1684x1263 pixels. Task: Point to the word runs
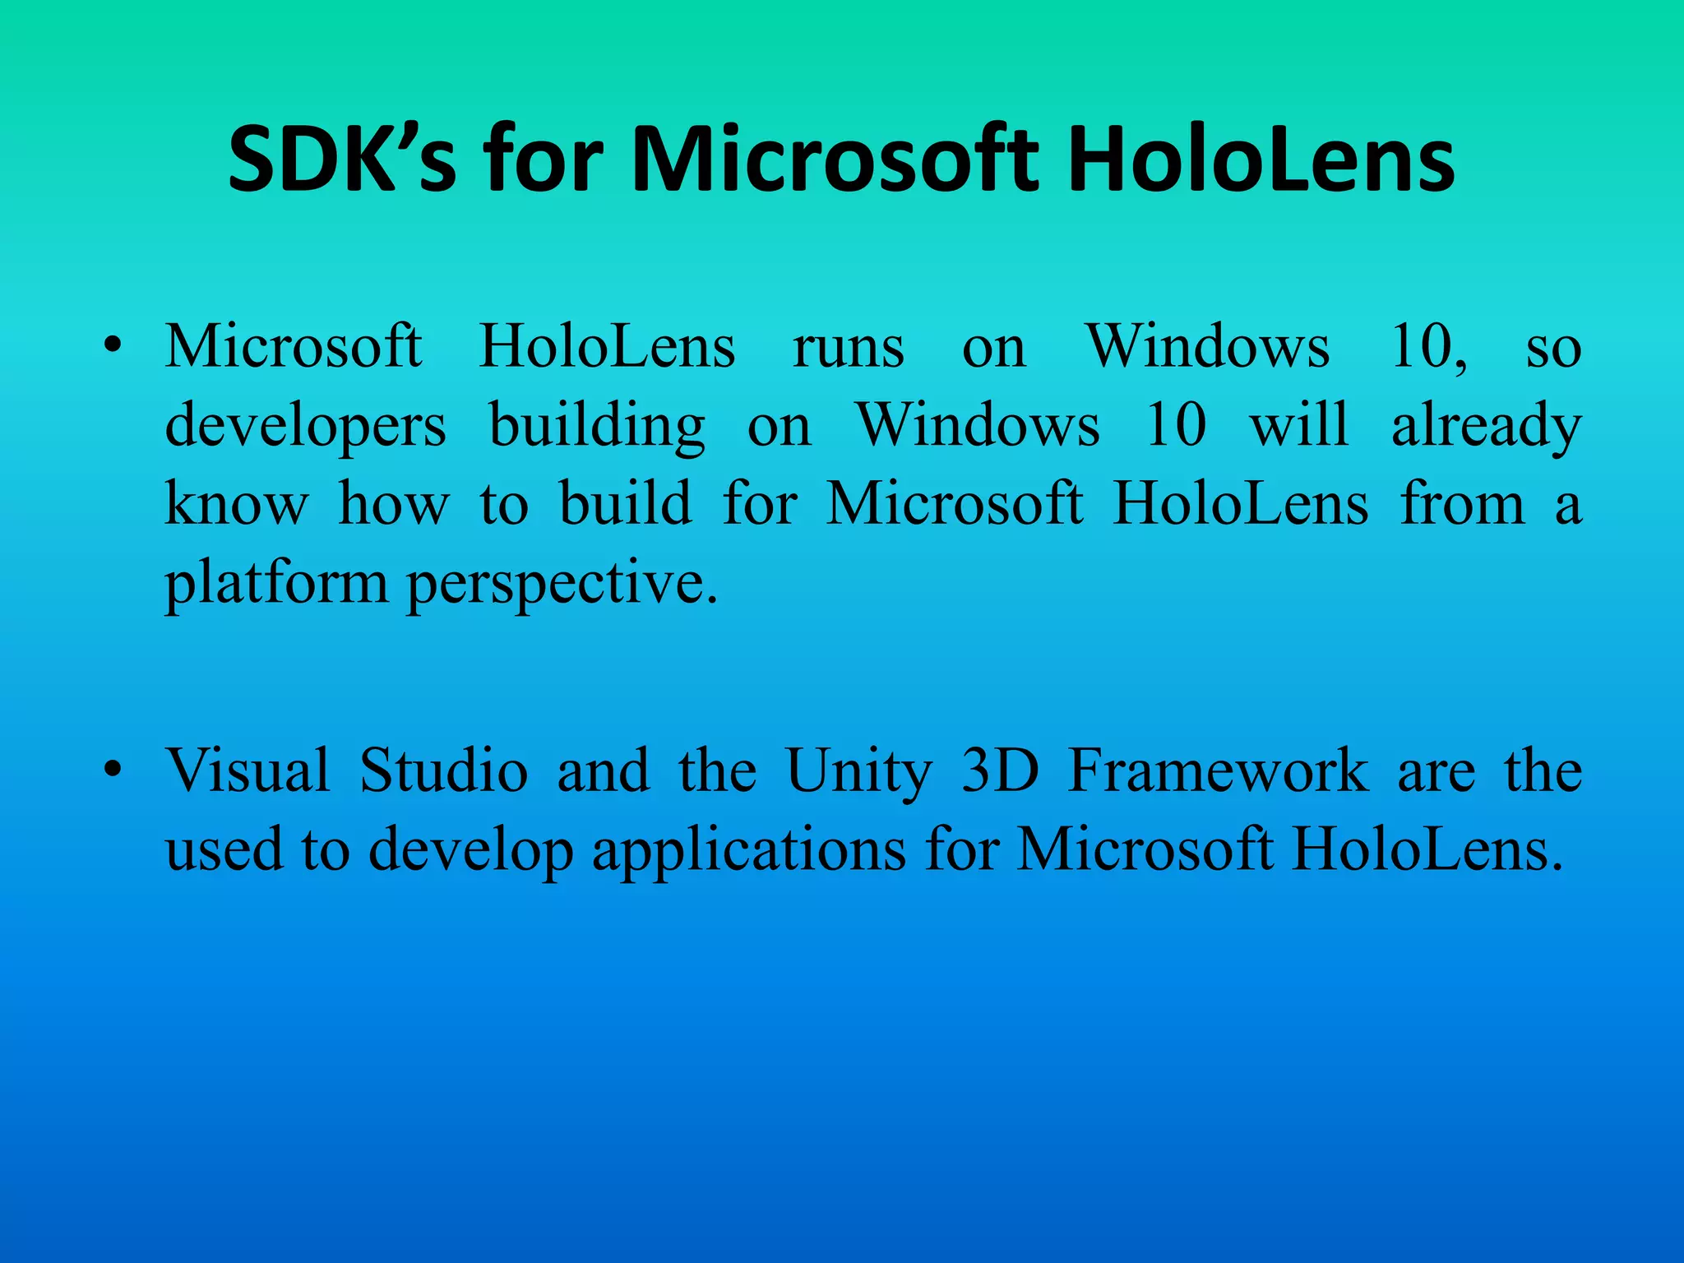click(848, 347)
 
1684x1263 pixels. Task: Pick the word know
click(237, 504)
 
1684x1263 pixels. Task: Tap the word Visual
click(248, 771)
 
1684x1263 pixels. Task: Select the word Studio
click(443, 771)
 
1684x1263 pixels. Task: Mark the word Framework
click(1218, 771)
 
